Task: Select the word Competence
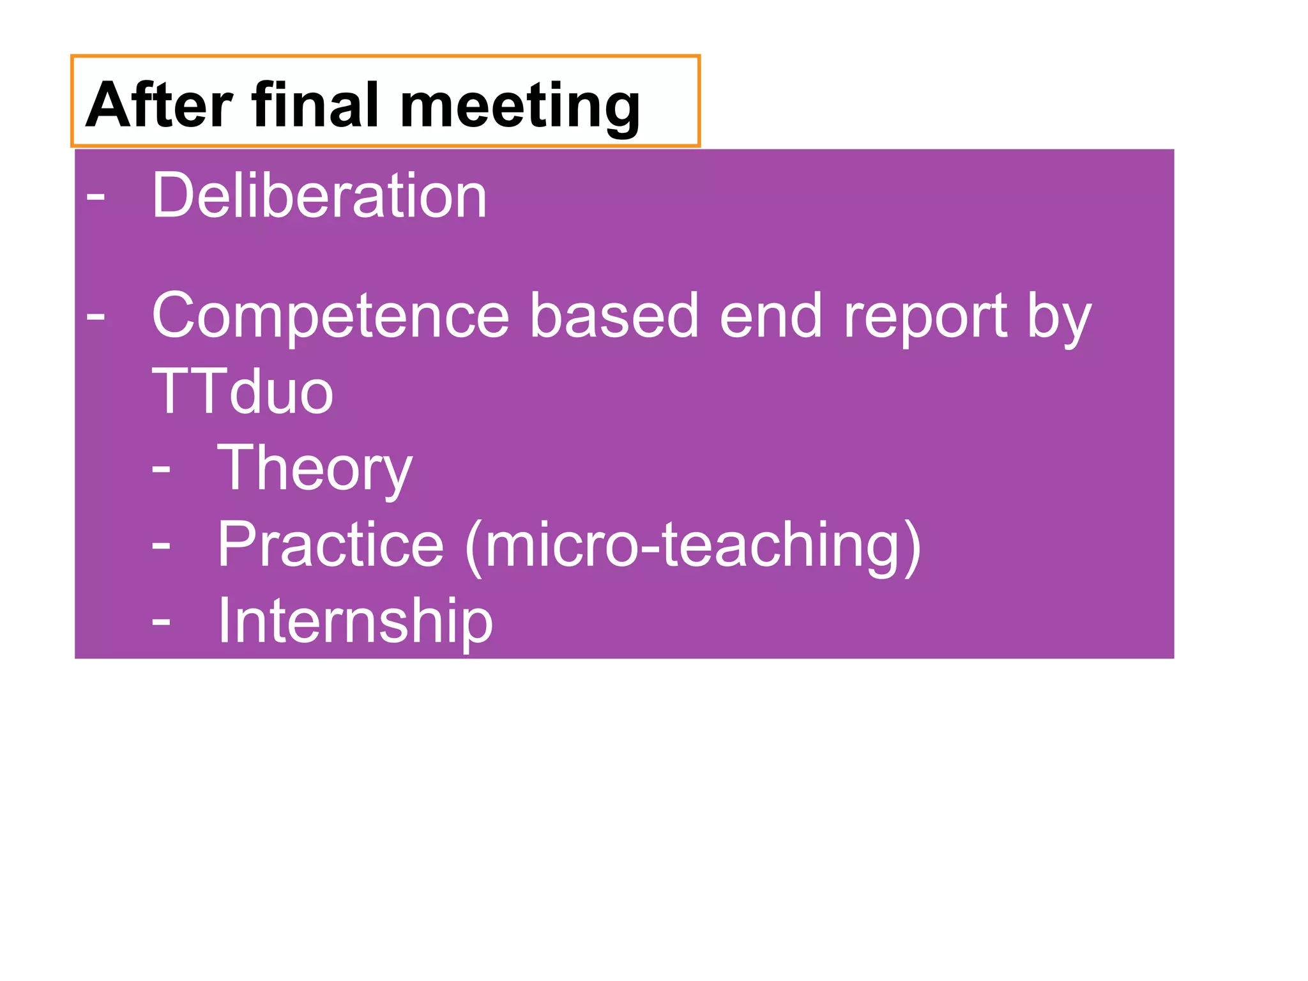330,316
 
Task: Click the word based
614,316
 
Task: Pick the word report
925,318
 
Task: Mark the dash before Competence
96,316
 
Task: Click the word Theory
315,470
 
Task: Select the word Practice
330,544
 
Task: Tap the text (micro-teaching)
693,545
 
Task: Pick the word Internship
355,621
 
